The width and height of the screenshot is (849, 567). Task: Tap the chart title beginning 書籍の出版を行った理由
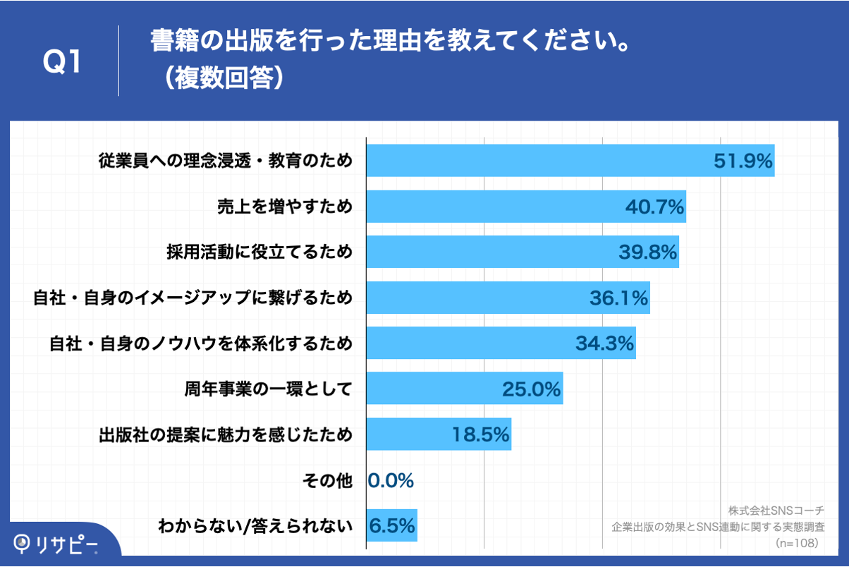[x=390, y=42]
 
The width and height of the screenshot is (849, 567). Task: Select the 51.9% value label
[x=743, y=161]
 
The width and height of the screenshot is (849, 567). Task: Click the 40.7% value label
[x=655, y=207]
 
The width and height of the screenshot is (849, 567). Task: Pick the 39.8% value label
[x=648, y=252]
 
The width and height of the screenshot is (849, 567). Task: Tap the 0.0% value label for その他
[x=391, y=481]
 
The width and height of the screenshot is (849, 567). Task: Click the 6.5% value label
[x=391, y=526]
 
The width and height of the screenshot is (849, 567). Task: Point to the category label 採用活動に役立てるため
[x=259, y=252]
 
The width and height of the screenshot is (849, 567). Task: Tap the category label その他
[x=326, y=481]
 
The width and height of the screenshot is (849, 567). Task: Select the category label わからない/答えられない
[x=255, y=526]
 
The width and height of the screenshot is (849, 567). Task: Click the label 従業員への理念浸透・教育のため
[x=225, y=161]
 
